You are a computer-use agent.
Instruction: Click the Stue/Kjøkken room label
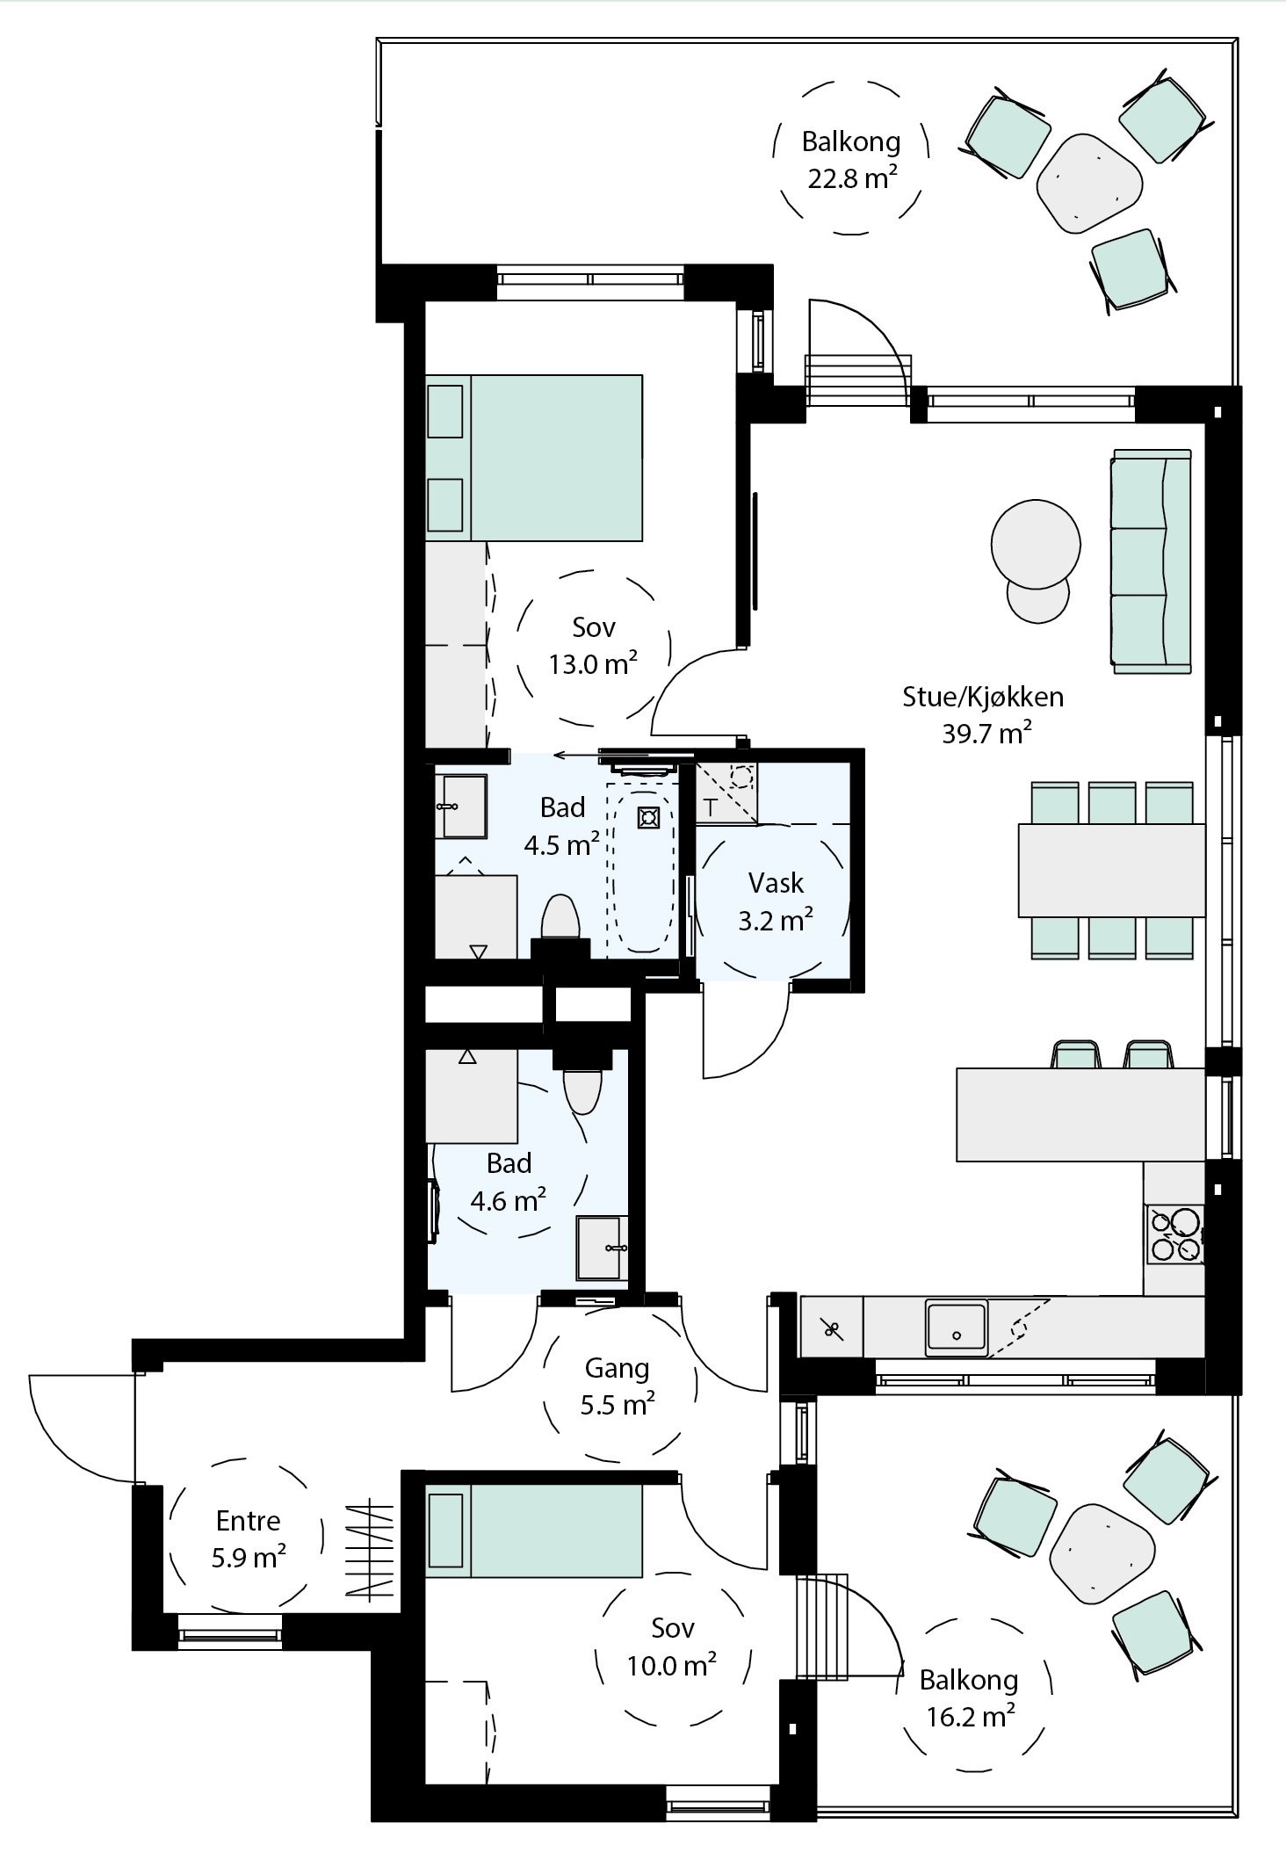tap(983, 697)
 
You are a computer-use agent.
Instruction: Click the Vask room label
tap(776, 883)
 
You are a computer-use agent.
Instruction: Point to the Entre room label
tap(248, 1520)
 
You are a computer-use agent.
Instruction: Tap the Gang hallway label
tap(617, 1368)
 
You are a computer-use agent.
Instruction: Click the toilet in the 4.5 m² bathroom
tap(560, 919)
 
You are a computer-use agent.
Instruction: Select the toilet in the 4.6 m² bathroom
tap(582, 1089)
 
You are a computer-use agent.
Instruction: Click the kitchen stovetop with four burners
tap(1174, 1234)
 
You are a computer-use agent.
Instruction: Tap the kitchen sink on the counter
tap(956, 1328)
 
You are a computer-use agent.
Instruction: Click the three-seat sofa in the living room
tap(1152, 561)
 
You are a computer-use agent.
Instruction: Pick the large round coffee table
tap(1036, 544)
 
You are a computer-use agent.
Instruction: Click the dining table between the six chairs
tap(1111, 870)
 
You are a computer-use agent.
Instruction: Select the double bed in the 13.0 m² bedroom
tap(534, 458)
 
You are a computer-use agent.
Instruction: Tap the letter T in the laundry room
tap(711, 807)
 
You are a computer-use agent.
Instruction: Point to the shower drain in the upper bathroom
tap(648, 818)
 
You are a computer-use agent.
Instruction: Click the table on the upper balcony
tap(1089, 183)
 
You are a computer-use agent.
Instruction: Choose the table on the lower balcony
tap(1102, 1553)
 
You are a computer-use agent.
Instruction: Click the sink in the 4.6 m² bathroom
tap(601, 1247)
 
